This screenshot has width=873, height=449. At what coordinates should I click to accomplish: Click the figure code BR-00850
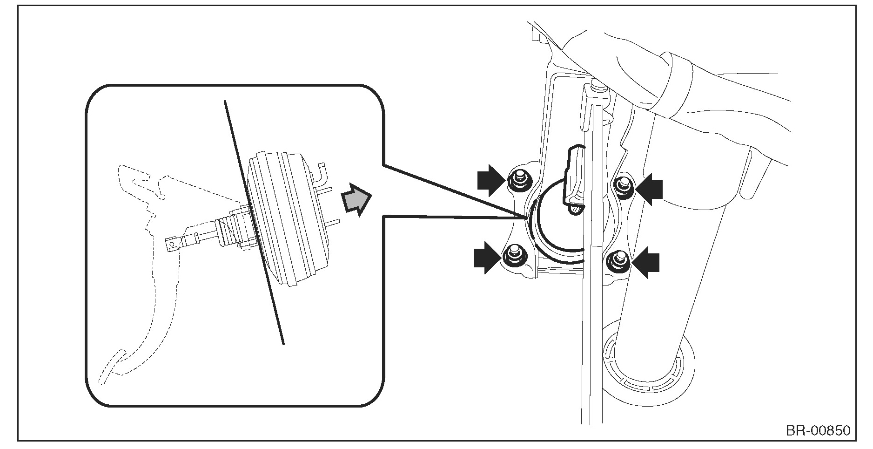[x=818, y=430]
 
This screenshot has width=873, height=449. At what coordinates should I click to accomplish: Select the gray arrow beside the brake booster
[x=356, y=199]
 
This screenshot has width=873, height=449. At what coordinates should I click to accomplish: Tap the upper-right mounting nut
[x=622, y=185]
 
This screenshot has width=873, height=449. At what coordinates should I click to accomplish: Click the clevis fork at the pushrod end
[x=175, y=244]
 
